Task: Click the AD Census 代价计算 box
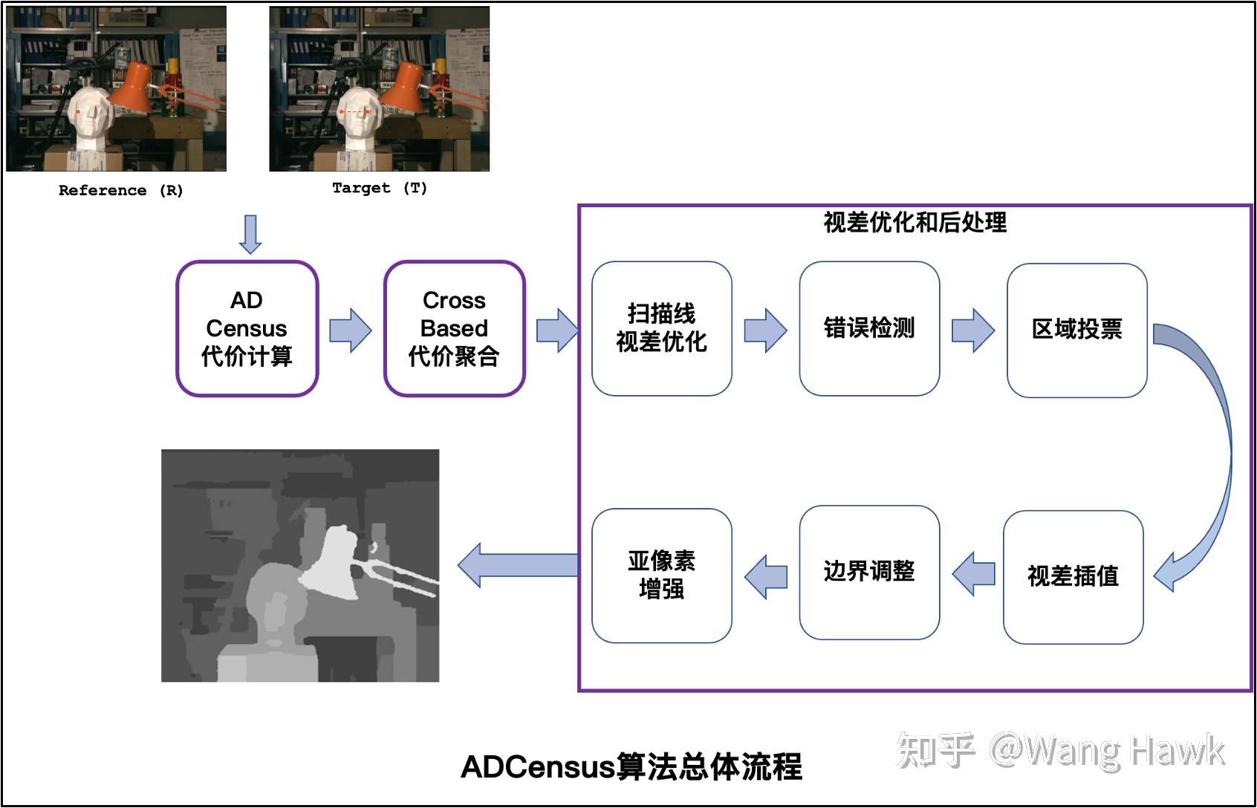click(247, 328)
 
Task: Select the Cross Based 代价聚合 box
click(454, 328)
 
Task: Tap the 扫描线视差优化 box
click(661, 328)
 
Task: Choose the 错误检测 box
click(868, 328)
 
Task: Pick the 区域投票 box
click(1076, 330)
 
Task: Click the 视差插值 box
click(1073, 576)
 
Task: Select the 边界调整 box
click(868, 572)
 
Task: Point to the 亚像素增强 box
click(661, 575)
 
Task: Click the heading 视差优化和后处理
click(915, 222)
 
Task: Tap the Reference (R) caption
click(120, 191)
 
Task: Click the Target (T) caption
click(379, 188)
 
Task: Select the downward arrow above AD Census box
click(250, 234)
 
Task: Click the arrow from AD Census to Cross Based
click(350, 330)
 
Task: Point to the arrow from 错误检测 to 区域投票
click(972, 330)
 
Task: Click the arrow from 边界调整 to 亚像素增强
click(766, 576)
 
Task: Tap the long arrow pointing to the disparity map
click(518, 565)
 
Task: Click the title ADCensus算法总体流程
click(631, 767)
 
